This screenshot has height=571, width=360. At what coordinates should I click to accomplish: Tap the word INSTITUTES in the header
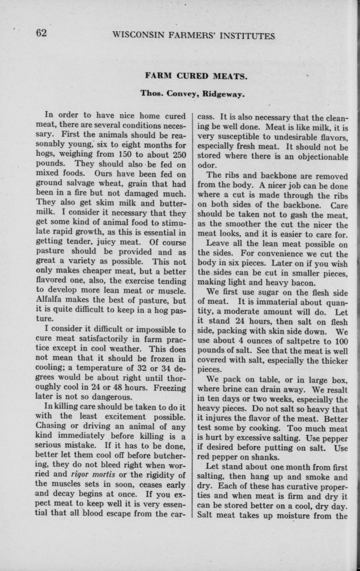click(x=248, y=36)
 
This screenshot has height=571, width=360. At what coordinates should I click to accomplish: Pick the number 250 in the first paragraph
click(x=178, y=154)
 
